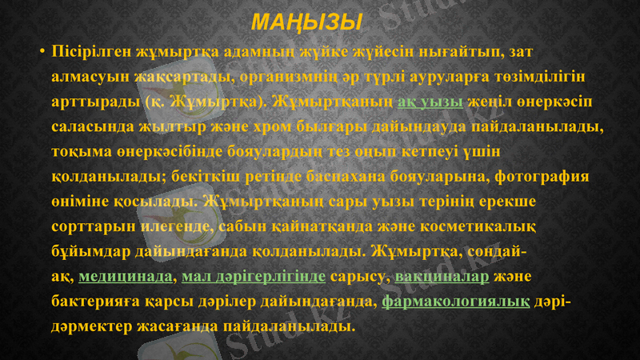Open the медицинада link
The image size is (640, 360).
[126, 278]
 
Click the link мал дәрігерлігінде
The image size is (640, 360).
[253, 278]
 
